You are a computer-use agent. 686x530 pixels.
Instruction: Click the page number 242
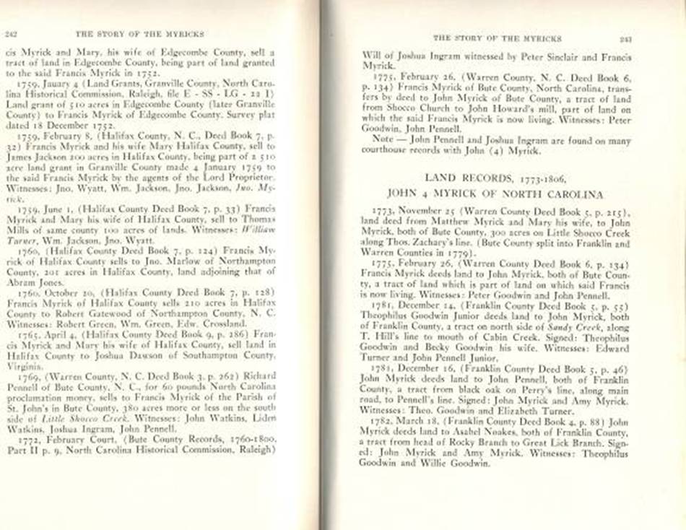12,34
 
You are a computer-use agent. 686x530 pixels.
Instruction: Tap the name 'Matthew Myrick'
459,224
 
